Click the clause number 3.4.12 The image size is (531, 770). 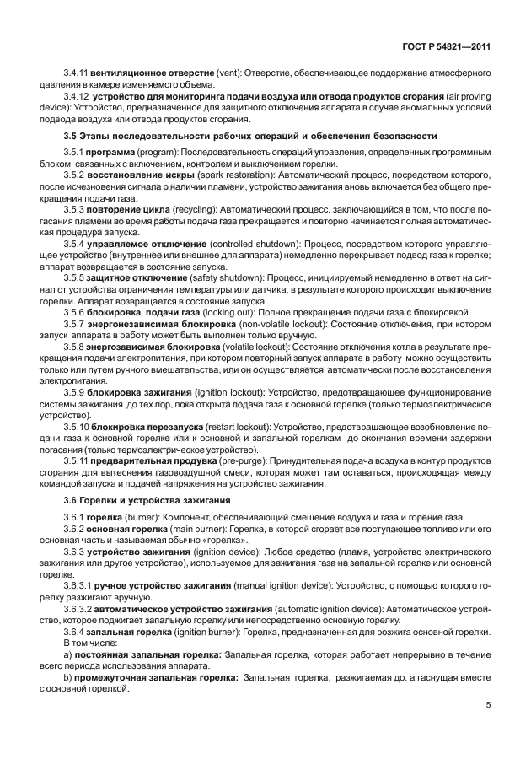[77, 96]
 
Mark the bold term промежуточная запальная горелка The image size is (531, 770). [157, 676]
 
